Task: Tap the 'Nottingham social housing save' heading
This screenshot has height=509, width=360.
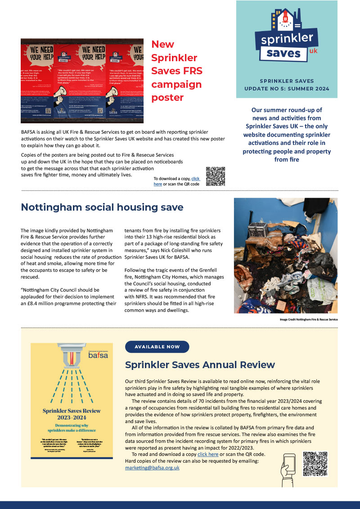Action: tap(102, 207)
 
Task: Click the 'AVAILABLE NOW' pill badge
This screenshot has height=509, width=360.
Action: tap(157, 347)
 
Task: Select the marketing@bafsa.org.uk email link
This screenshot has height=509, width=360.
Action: tap(152, 468)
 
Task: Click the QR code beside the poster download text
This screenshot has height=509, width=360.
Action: tap(215, 176)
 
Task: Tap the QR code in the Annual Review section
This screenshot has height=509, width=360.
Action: tap(315, 464)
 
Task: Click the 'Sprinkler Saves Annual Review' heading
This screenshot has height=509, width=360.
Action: tap(200, 364)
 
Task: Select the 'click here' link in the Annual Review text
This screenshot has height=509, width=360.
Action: tap(208, 455)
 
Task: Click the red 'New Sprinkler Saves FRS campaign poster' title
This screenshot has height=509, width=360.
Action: tap(176, 71)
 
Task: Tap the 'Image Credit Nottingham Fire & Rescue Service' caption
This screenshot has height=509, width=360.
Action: tap(308, 319)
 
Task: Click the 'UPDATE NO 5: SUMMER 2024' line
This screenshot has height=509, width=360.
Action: tap(286, 89)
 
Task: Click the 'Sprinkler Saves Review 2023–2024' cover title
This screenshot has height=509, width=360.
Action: tap(71, 414)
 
